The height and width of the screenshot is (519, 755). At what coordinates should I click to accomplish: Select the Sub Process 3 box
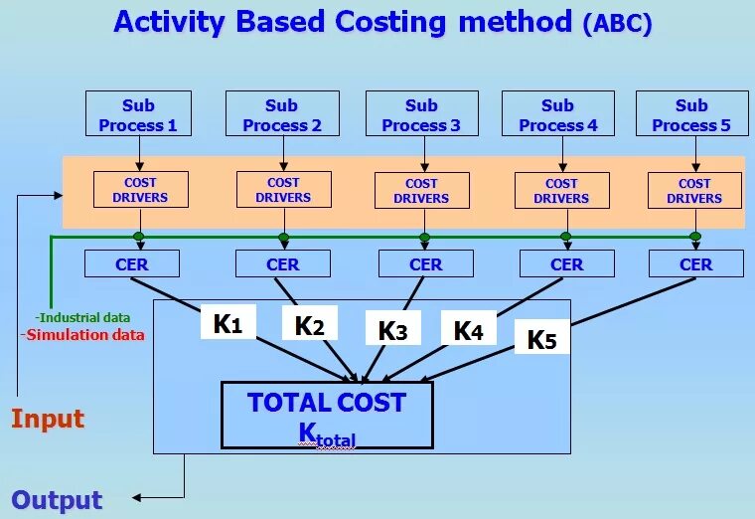421,115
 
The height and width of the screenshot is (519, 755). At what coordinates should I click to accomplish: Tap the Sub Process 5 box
691,115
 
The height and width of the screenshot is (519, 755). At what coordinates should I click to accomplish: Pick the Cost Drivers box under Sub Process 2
283,190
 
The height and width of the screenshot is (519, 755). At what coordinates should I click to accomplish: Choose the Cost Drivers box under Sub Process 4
561,190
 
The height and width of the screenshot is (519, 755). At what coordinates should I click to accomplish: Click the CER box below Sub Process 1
131,263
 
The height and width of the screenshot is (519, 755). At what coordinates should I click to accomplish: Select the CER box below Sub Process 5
695,263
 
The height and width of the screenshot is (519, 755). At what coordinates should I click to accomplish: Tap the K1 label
228,323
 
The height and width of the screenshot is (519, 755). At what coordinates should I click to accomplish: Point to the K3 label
392,330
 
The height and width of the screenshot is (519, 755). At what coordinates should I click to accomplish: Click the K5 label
541,338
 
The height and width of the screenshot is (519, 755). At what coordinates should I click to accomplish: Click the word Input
48,419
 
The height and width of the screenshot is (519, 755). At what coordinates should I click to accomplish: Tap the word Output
57,500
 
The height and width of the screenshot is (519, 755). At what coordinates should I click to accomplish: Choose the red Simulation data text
82,335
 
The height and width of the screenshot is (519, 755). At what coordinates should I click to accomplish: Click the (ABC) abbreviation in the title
618,24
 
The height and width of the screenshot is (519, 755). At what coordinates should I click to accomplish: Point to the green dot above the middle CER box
424,237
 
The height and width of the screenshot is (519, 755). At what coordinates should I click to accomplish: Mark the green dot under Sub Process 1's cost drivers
139,237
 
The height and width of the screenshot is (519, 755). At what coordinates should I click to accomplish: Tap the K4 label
468,330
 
